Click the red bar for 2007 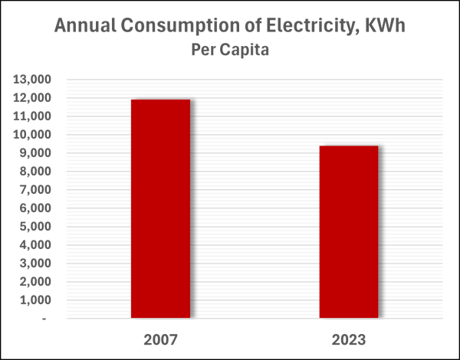(x=160, y=208)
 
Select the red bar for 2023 (x=349, y=231)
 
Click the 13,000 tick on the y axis (x=33, y=80)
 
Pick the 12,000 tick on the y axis (x=33, y=98)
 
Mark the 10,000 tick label (x=33, y=135)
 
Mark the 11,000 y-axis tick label (x=33, y=116)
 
